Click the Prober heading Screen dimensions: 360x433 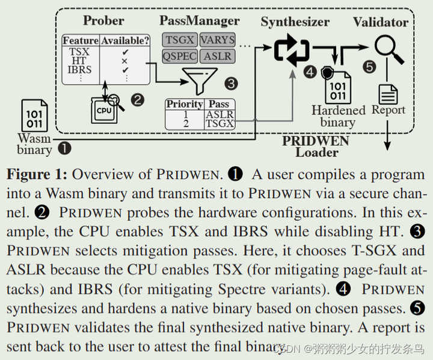(x=103, y=20)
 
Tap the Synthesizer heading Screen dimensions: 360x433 (x=295, y=22)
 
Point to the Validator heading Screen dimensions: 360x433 (x=380, y=22)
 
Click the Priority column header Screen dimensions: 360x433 (x=185, y=104)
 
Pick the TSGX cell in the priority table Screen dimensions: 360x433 (x=219, y=124)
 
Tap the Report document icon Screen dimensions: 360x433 (x=388, y=93)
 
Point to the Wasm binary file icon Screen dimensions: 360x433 (x=34, y=116)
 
